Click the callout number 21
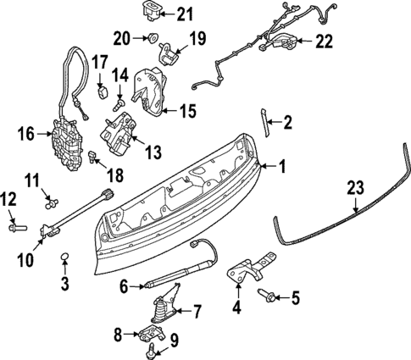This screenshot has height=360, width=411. [185, 13]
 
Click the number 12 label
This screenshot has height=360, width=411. [9, 199]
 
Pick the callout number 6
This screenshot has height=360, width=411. [124, 287]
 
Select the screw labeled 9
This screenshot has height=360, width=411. [151, 348]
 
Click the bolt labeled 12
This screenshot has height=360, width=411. [15, 226]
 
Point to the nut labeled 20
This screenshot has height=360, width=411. [150, 37]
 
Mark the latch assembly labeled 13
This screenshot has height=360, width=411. [119, 135]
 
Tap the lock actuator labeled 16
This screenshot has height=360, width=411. [64, 141]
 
